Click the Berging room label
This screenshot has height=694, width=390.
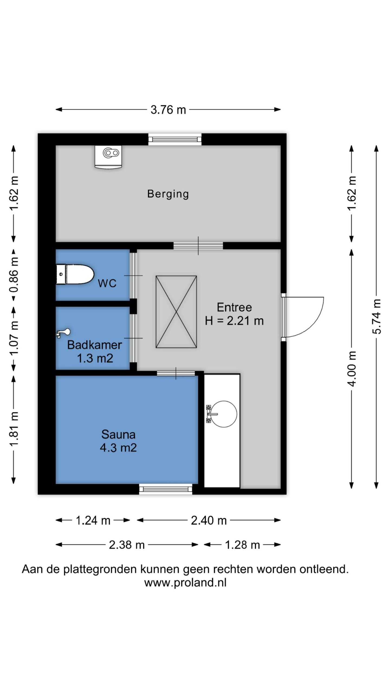[x=168, y=194]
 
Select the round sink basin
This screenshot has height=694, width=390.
[x=224, y=414]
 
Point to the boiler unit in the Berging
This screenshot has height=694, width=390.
[x=108, y=157]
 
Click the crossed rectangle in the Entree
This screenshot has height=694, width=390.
[x=176, y=312]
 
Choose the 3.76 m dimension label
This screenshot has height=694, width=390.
[x=168, y=110]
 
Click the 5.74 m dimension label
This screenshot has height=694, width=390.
[x=377, y=316]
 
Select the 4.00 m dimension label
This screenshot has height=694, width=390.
[x=352, y=368]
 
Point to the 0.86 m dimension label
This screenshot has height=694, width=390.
[x=14, y=275]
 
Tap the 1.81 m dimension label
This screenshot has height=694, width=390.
[x=14, y=429]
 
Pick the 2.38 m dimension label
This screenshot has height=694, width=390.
[x=127, y=545]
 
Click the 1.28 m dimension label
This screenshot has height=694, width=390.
[x=242, y=545]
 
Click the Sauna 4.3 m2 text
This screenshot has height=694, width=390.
[x=118, y=441]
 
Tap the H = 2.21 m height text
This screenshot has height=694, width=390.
[x=234, y=321]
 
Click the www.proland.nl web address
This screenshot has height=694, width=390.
[x=185, y=582]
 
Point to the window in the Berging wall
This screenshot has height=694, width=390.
[x=175, y=139]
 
